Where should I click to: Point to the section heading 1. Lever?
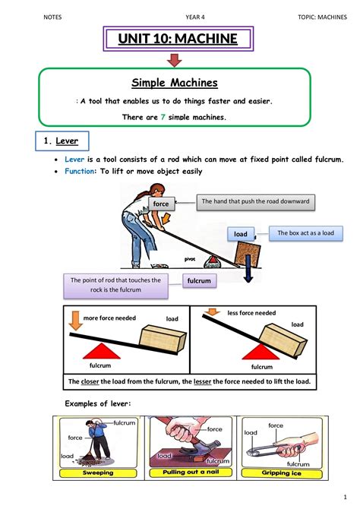coord(64,141)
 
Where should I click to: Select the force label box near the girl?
coord(161,204)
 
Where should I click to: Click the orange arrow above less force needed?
coord(209,315)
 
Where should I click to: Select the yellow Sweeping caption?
coord(98,473)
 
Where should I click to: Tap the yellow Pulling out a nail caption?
coord(190,473)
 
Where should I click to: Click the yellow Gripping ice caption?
coord(281,473)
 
